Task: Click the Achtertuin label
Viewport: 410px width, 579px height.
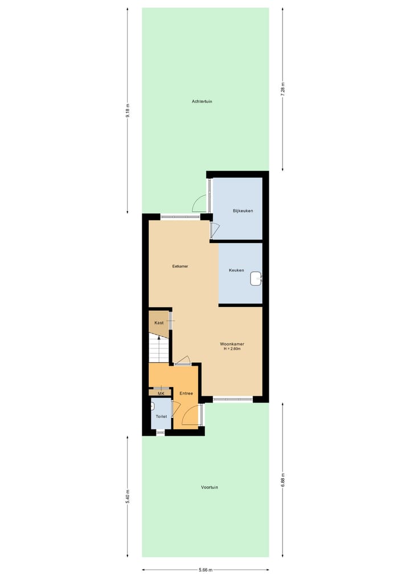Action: (x=202, y=101)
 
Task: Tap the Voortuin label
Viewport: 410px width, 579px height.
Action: (x=210, y=487)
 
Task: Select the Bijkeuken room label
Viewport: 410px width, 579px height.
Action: (x=243, y=211)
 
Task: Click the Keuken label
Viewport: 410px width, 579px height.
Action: (x=236, y=270)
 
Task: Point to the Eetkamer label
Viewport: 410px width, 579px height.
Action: (x=181, y=266)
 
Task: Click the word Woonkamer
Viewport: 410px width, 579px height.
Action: (x=232, y=344)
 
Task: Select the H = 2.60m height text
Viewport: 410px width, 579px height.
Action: (x=232, y=349)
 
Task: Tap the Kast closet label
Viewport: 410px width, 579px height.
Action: (x=159, y=323)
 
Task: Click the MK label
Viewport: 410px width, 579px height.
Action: (x=161, y=393)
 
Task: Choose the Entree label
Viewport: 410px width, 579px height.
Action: (x=186, y=393)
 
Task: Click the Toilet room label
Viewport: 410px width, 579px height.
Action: (x=161, y=417)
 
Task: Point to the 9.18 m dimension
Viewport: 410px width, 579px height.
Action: (x=129, y=110)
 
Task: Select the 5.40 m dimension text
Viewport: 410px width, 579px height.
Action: (x=129, y=496)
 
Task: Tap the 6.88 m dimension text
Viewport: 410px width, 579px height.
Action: (x=282, y=479)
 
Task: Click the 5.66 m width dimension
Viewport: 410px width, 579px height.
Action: (x=206, y=570)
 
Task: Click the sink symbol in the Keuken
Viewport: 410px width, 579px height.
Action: (x=256, y=278)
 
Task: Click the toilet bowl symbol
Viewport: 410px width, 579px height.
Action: (x=154, y=406)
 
